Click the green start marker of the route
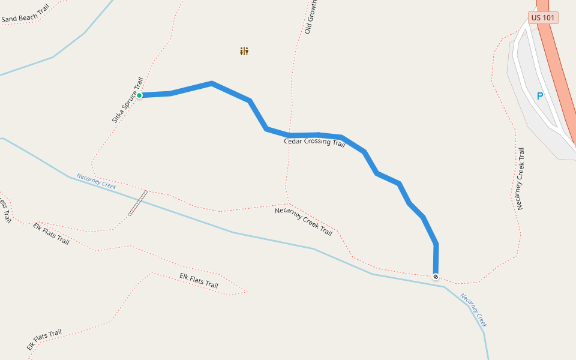pos(139,95)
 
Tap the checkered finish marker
pos(436,277)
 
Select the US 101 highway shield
pos(543,18)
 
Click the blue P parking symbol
pos(539,96)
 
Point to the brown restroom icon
pos(244,52)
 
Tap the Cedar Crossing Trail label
pos(314,142)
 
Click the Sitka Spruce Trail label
pos(128,100)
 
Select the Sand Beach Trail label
pos(25,15)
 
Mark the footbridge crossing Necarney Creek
pos(137,203)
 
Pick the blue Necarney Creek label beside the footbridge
pos(96,181)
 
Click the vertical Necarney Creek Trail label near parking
pos(520,179)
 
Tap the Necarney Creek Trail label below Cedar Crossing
pos(304,221)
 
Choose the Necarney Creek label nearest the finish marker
pos(473,310)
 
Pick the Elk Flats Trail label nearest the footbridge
pos(51,234)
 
